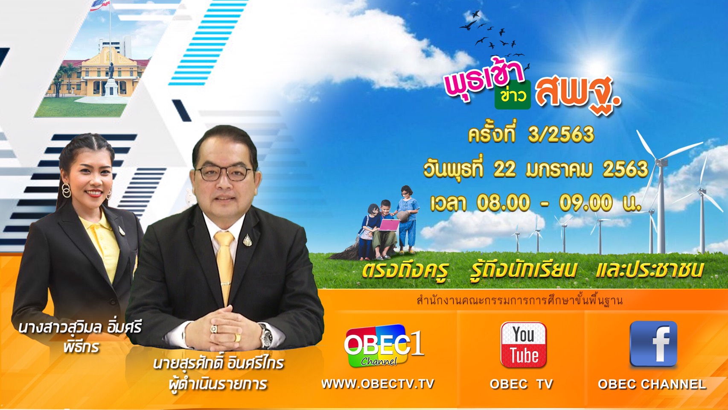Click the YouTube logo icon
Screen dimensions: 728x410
click(x=523, y=345)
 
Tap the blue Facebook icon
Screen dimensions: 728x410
click(x=653, y=344)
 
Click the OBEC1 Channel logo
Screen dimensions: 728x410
click(x=384, y=346)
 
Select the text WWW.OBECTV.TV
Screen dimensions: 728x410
click(x=378, y=384)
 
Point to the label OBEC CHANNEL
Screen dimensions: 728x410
click(x=652, y=384)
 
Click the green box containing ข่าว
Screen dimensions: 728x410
click(x=513, y=95)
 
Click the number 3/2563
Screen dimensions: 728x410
click(x=561, y=134)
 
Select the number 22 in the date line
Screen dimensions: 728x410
click(x=504, y=169)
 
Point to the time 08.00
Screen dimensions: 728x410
click(x=503, y=203)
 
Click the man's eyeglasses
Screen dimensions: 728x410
click(x=224, y=173)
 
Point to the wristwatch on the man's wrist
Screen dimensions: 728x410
click(x=265, y=335)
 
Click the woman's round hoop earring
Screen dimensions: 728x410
click(x=66, y=190)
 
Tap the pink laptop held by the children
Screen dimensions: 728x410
click(x=389, y=225)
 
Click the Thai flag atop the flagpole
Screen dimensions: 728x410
click(x=100, y=5)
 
